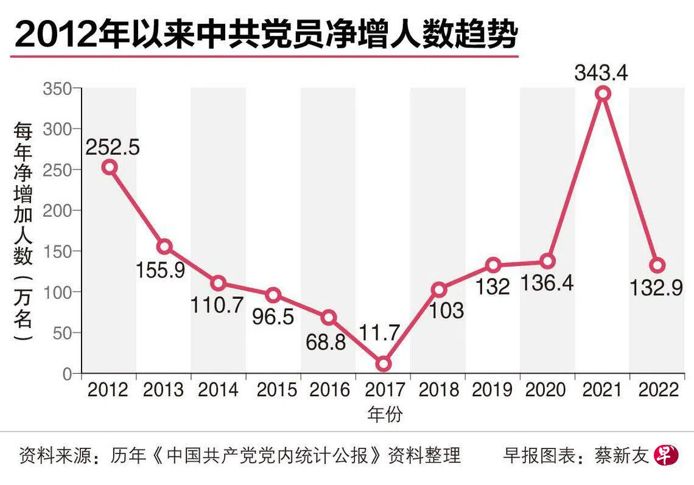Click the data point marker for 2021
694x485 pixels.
(603, 94)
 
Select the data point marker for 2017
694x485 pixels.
(383, 364)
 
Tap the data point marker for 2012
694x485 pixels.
(109, 167)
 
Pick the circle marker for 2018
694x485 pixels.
(438, 290)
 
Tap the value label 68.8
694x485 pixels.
(326, 342)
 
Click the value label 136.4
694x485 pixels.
(547, 283)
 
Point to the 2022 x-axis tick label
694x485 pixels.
(657, 389)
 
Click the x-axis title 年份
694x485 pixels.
(385, 414)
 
